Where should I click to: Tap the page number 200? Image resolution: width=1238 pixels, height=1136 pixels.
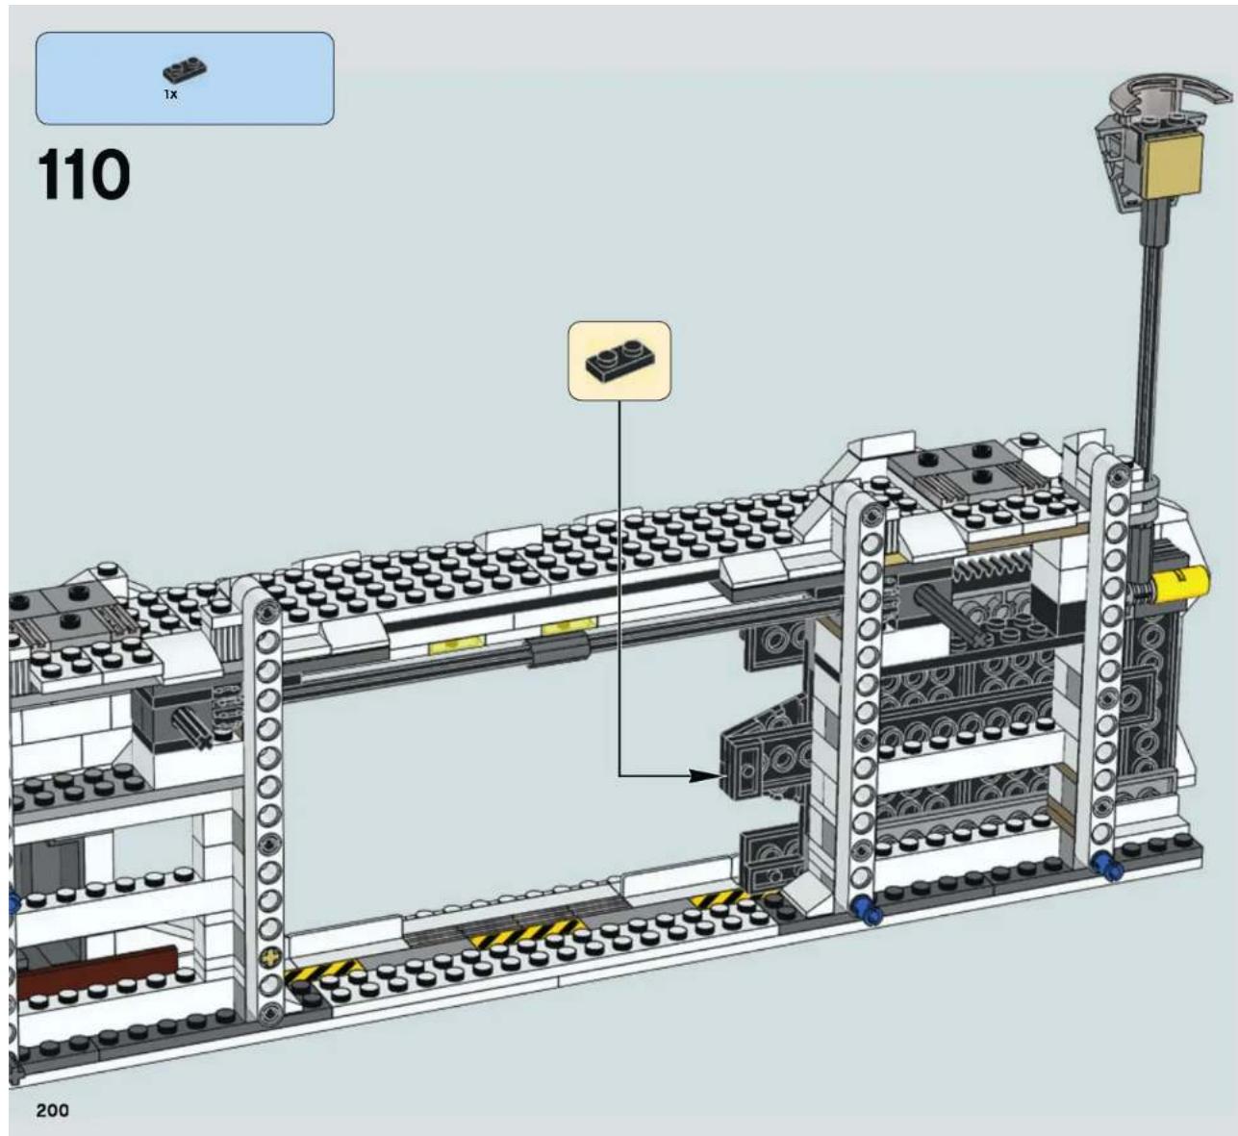pyautogui.click(x=53, y=1111)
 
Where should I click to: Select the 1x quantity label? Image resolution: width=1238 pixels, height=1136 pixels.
pyautogui.click(x=171, y=94)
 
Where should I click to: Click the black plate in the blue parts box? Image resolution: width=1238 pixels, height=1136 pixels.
pyautogui.click(x=185, y=71)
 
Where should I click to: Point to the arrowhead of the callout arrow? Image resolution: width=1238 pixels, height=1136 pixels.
pyautogui.click(x=705, y=775)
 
